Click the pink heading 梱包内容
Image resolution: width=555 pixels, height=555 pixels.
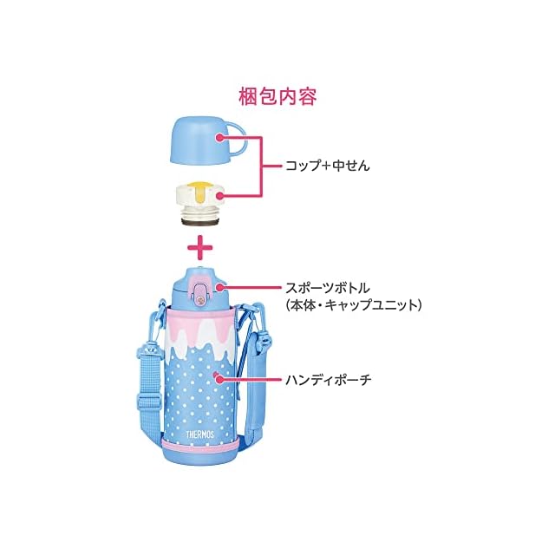tap(277, 95)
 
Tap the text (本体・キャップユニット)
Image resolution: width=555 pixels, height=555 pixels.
tap(353, 306)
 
